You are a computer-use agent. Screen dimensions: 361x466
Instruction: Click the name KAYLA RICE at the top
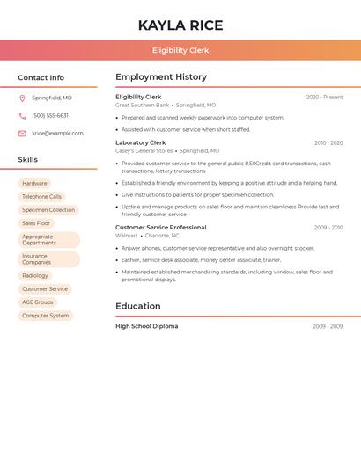[180, 25]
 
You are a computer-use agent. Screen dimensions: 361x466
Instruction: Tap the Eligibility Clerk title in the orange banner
[180, 50]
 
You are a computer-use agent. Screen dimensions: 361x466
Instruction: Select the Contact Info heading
[41, 77]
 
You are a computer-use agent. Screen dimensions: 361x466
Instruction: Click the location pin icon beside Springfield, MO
[22, 98]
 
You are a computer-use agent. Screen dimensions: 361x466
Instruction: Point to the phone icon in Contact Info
[22, 115]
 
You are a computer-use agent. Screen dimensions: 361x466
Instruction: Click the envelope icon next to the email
[22, 134]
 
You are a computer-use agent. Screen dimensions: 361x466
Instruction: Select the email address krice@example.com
[57, 134]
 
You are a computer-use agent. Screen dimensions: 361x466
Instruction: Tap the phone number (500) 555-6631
[50, 115]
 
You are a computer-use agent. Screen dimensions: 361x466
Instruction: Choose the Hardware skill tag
[35, 184]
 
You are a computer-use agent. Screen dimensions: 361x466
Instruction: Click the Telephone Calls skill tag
[42, 197]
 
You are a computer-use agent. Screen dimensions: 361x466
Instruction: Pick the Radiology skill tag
[35, 276]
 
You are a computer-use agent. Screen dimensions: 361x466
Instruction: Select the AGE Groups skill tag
[38, 302]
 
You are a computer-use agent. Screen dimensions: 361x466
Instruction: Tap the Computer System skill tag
[46, 316]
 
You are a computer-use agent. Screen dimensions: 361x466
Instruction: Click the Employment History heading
[161, 76]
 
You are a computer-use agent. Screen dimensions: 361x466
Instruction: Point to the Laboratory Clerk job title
[140, 142]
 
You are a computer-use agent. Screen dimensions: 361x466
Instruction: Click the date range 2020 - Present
[324, 97]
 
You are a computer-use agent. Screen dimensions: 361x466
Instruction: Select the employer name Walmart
[127, 236]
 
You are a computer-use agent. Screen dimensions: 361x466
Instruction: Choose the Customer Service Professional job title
[160, 228]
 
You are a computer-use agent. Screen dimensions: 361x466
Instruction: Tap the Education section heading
[137, 306]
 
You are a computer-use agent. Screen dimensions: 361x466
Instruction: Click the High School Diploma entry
[146, 326]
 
